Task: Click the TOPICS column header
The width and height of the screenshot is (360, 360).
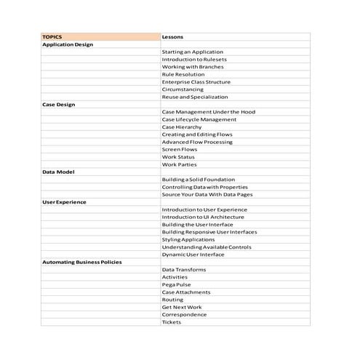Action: tap(52, 36)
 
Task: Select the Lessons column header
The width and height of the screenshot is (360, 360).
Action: tap(172, 36)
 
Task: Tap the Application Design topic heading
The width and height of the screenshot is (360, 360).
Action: tap(68, 44)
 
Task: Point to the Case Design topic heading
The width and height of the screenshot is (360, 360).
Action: tap(59, 104)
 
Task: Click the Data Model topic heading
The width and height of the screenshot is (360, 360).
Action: tap(57, 172)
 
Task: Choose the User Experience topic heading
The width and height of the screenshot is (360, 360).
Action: tap(64, 201)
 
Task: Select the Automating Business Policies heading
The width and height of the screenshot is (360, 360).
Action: tap(82, 262)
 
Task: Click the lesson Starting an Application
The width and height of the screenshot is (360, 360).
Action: tap(192, 52)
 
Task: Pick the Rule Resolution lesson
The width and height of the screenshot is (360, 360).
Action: tap(183, 74)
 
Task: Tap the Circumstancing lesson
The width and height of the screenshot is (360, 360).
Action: tap(183, 89)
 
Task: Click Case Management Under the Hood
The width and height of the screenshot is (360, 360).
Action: tap(209, 111)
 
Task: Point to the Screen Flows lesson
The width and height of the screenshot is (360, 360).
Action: tap(180, 149)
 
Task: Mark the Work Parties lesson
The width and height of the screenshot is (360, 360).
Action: tap(179, 164)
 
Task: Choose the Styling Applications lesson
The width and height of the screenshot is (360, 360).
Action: tap(188, 239)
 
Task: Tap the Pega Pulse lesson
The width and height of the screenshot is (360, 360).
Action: tap(177, 284)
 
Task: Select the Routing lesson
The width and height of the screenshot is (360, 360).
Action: tap(173, 300)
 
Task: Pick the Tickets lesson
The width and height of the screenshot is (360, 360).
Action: tap(172, 322)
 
